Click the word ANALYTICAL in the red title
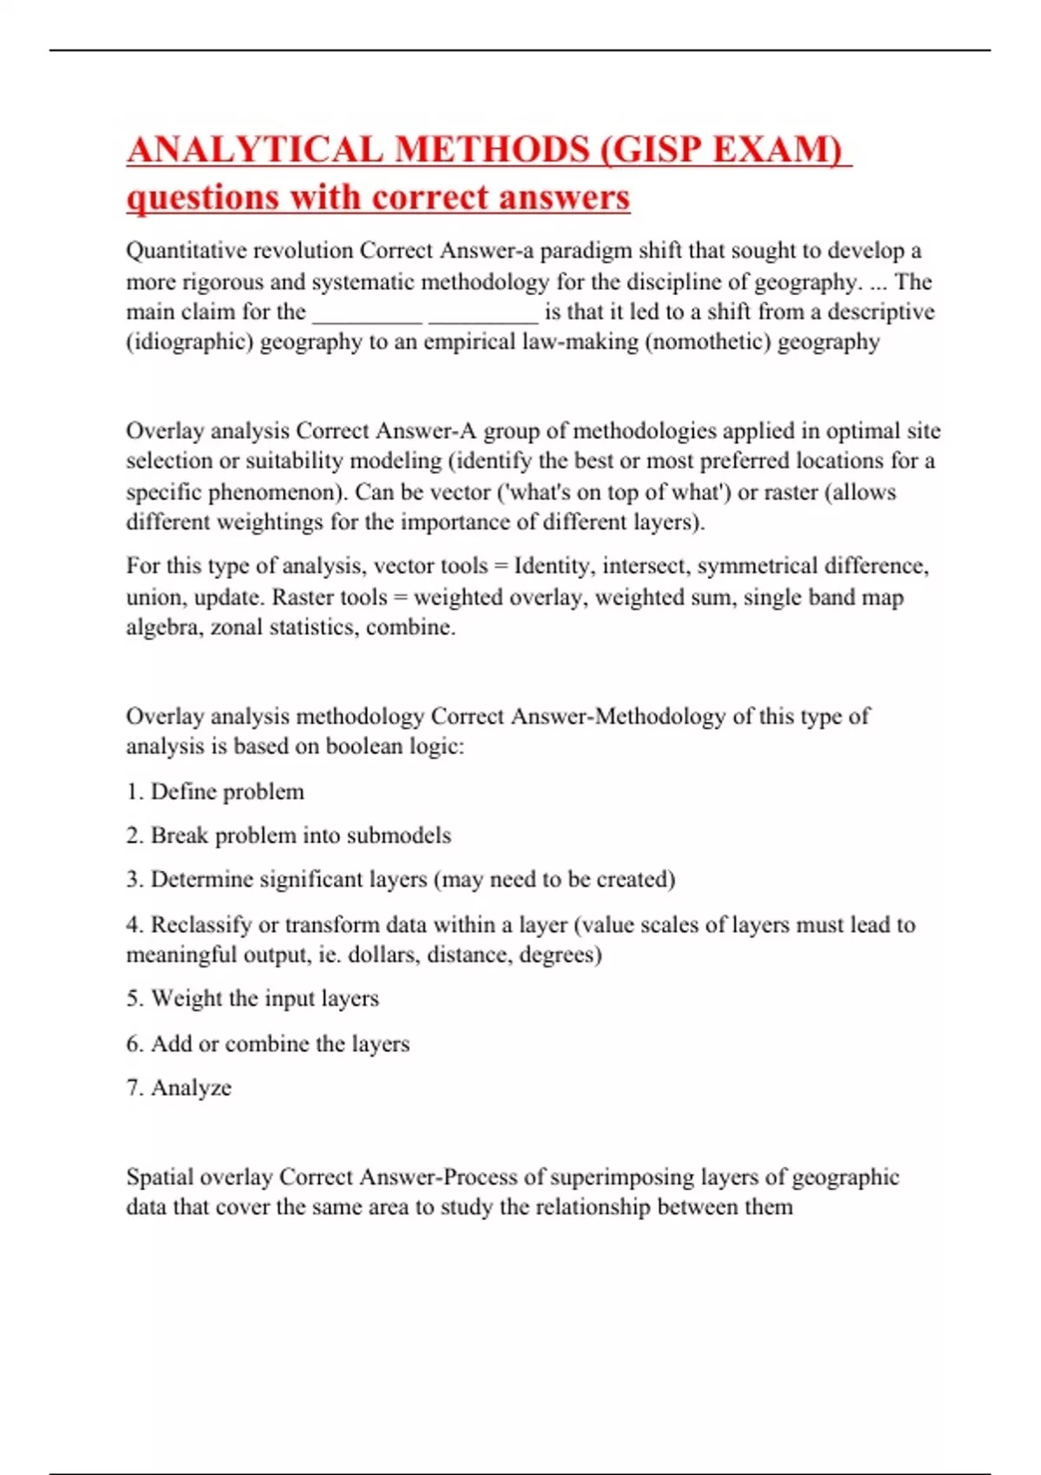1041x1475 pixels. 254,149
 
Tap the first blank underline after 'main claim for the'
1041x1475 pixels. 367,312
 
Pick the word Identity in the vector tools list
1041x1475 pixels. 553,567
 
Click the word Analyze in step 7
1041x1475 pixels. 191,1088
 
